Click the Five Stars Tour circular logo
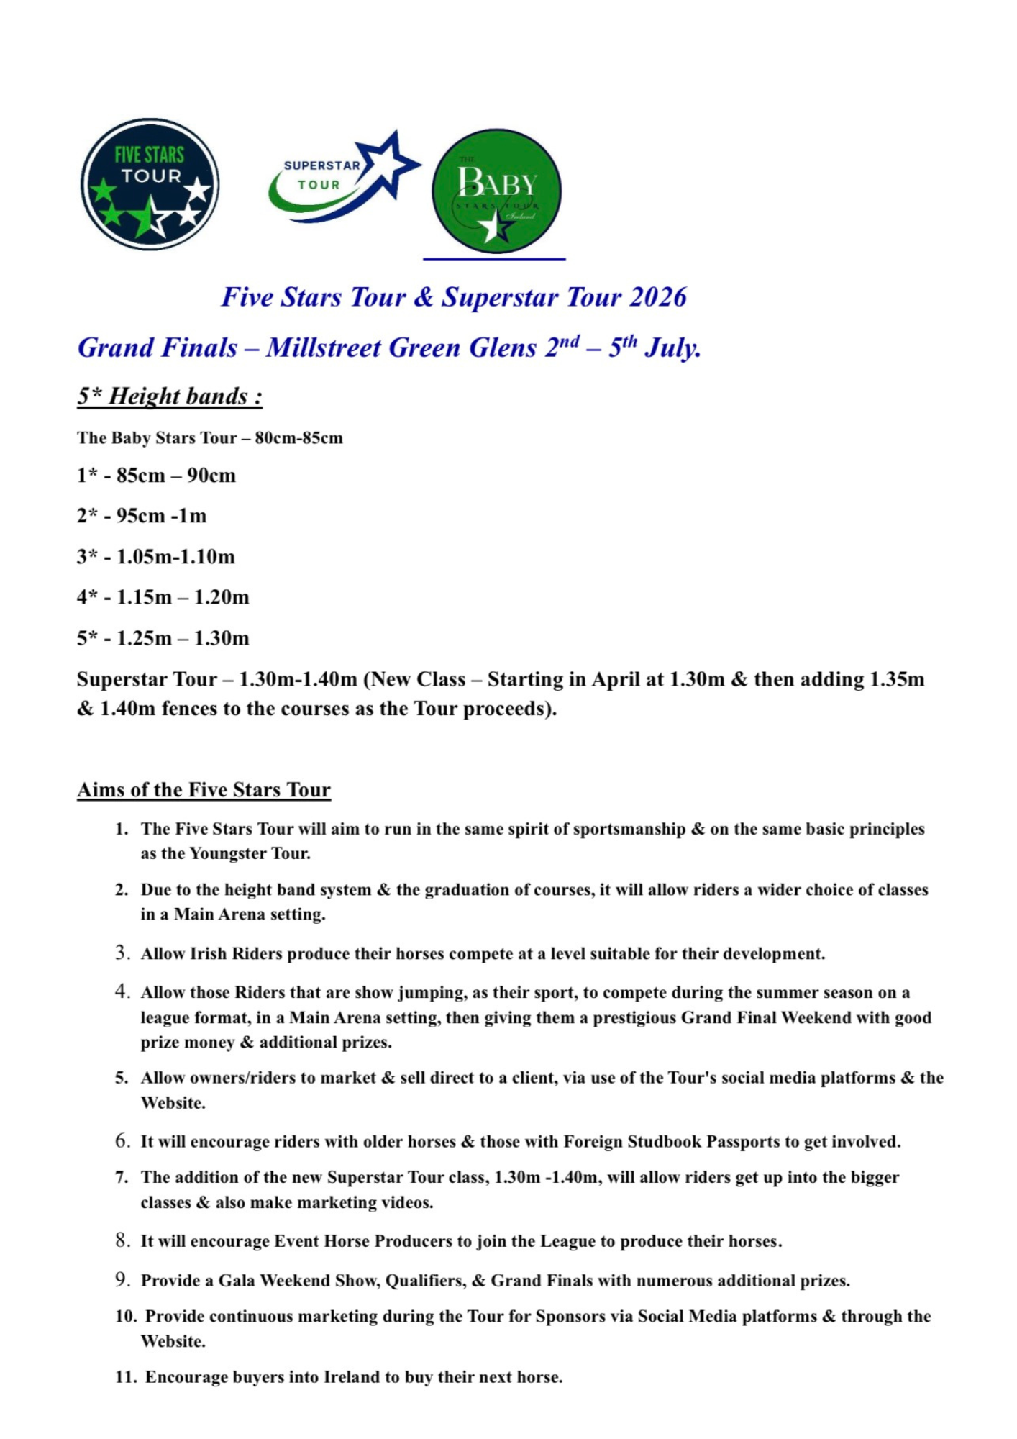[x=150, y=184]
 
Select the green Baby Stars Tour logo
[x=496, y=191]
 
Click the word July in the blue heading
[x=672, y=348]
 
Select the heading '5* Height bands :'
[x=170, y=396]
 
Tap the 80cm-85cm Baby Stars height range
[x=298, y=438]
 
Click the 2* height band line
[x=142, y=516]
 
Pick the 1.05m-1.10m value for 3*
[x=175, y=557]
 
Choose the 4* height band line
[x=163, y=597]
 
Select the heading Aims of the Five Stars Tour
[x=204, y=790]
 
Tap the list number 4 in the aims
[x=122, y=992]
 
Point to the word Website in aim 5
[x=173, y=1103]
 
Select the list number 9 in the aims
[x=122, y=1280]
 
